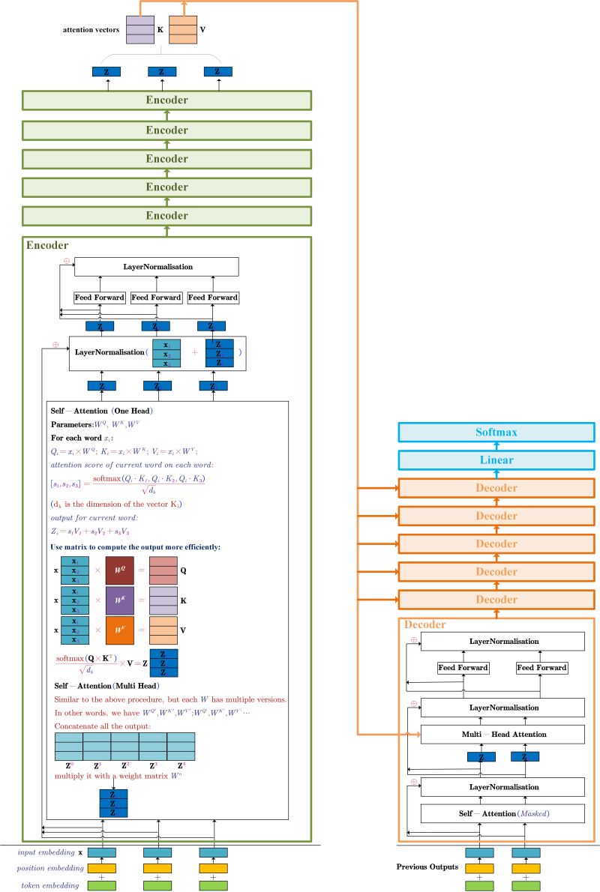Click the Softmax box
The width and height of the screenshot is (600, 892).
[x=496, y=433]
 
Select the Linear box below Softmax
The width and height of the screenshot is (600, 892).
[x=496, y=461]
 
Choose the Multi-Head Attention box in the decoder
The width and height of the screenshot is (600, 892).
[x=502, y=734]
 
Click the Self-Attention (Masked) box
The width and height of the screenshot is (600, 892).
[x=502, y=813]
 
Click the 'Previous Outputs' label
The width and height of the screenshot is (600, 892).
[x=427, y=867]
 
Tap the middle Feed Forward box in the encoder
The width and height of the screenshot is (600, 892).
[x=156, y=298]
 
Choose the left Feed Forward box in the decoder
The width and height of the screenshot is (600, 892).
[x=463, y=667]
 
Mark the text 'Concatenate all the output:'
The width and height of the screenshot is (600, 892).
[x=102, y=726]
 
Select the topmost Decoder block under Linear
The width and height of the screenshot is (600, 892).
[x=496, y=489]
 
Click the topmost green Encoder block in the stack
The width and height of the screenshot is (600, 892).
[x=166, y=100]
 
